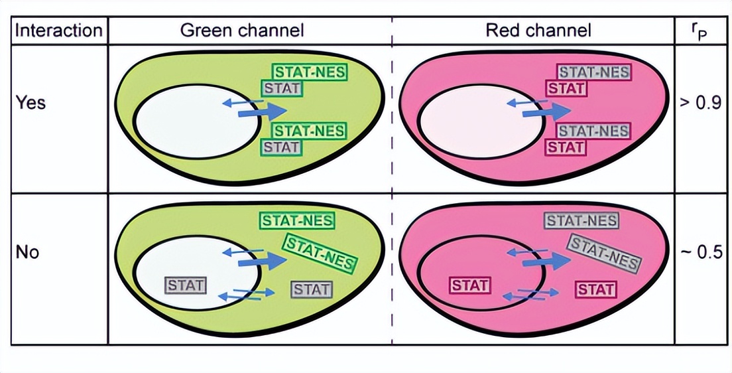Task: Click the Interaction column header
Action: click(x=59, y=31)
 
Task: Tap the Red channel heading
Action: click(x=538, y=31)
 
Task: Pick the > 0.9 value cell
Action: click(x=701, y=104)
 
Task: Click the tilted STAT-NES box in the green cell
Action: click(x=319, y=252)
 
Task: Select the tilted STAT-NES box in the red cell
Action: click(x=604, y=253)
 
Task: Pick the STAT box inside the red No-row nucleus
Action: click(x=470, y=286)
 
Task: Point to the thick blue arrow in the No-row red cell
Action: click(x=545, y=261)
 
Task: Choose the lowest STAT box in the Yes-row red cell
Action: click(x=565, y=147)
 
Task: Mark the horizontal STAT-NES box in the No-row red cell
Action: click(x=581, y=220)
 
